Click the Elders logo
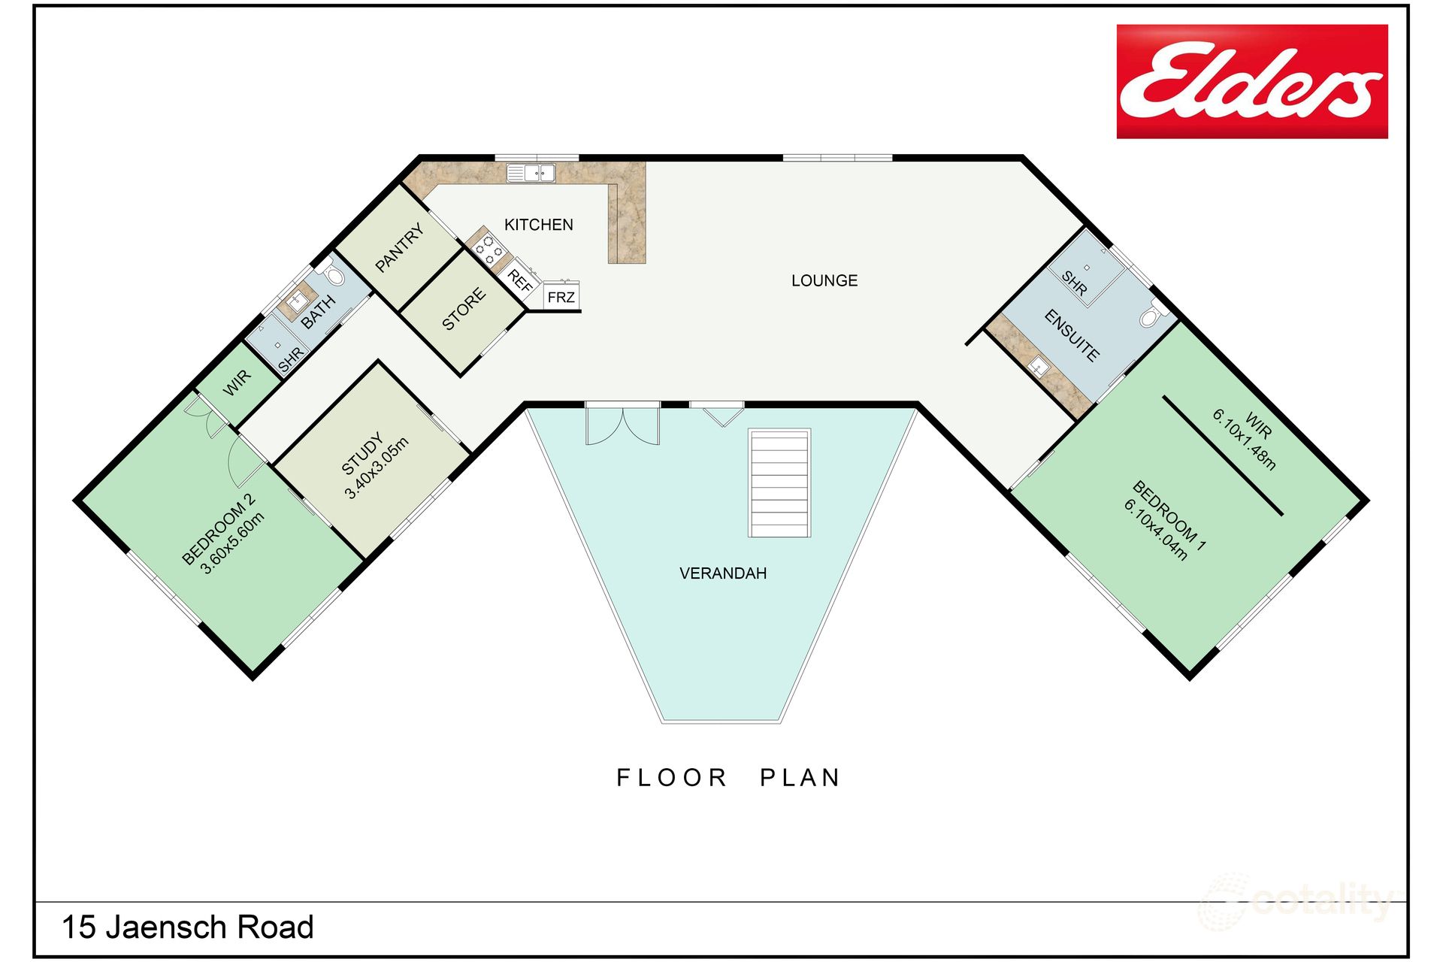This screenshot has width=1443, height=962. click(1251, 81)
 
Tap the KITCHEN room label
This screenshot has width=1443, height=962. click(538, 225)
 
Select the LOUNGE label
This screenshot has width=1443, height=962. click(824, 280)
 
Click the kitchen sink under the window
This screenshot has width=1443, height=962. click(531, 174)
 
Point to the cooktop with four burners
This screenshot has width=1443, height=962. click(488, 250)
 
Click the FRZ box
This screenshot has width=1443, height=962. click(561, 297)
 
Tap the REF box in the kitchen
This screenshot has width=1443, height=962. click(520, 280)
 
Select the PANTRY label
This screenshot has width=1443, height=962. click(399, 248)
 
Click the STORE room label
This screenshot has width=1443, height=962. click(463, 310)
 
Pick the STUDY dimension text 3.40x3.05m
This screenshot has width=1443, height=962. click(377, 468)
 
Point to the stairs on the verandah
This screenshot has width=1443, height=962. click(779, 483)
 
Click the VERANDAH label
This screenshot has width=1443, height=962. click(723, 573)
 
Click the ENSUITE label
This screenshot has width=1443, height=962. click(1072, 336)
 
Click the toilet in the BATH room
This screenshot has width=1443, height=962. click(334, 275)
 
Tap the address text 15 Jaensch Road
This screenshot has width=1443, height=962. click(187, 927)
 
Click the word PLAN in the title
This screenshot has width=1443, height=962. click(800, 778)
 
